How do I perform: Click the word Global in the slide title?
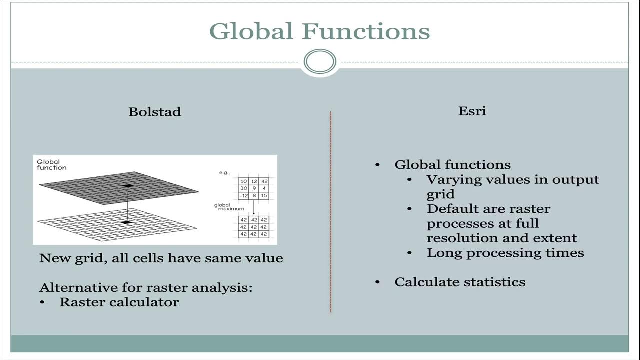click(251, 31)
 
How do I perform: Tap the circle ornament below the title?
click(320, 62)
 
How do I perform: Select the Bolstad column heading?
click(155, 111)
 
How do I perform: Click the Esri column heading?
click(472, 110)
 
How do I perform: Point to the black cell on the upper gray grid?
click(128, 186)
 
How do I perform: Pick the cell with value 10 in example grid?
click(244, 181)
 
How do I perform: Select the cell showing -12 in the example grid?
click(243, 196)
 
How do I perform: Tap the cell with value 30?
click(244, 189)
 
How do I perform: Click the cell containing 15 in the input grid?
click(264, 196)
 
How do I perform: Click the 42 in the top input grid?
click(264, 181)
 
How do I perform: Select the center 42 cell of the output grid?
click(254, 227)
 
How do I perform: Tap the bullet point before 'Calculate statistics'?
click(378, 282)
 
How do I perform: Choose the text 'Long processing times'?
click(505, 253)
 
